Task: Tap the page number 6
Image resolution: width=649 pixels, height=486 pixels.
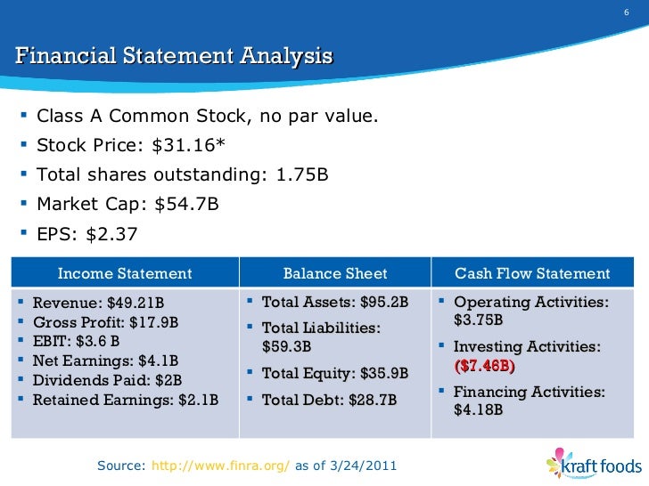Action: (625, 12)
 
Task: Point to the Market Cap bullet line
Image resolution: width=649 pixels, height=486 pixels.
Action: (127, 204)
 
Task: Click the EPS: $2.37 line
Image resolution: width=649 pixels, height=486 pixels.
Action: (87, 233)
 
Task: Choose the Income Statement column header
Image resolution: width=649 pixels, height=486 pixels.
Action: (125, 273)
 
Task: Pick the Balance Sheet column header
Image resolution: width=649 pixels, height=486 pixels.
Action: (335, 273)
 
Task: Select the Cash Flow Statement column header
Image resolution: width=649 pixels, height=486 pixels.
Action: (533, 273)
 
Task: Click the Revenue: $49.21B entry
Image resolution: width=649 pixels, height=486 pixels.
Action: (98, 303)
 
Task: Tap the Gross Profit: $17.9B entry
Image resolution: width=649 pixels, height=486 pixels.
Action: (105, 321)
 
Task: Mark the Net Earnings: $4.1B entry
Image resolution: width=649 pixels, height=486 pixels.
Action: (105, 360)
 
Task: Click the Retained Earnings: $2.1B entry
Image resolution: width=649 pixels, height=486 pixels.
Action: (125, 400)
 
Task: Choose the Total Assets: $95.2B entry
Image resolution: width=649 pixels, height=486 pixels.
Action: (334, 303)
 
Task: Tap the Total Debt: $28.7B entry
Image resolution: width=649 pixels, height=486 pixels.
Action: (329, 401)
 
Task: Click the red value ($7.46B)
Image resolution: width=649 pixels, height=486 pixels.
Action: (485, 366)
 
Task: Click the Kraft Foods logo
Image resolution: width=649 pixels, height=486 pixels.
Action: (594, 465)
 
